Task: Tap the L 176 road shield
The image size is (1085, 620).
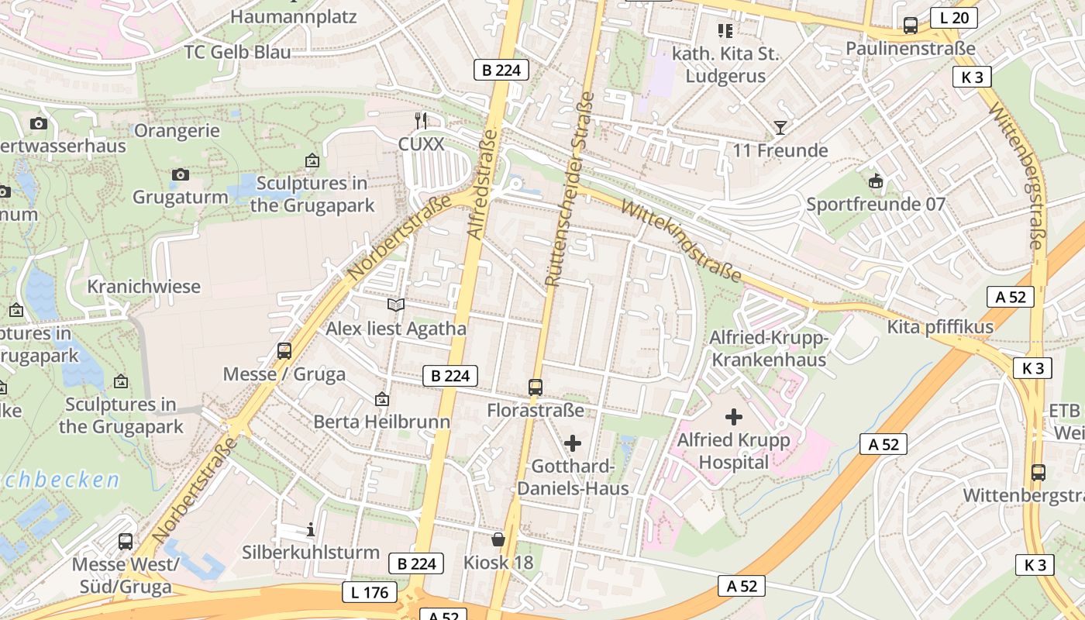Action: (370, 593)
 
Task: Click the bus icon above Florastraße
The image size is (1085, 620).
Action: (535, 387)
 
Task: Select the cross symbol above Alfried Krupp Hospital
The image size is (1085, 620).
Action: (733, 418)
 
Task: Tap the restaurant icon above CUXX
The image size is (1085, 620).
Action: (421, 120)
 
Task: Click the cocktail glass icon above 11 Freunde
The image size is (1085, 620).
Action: (780, 128)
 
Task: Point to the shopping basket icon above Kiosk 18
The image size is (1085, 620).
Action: (498, 539)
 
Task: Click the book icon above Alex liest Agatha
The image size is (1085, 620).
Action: (396, 305)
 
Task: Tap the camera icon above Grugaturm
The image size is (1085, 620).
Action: (181, 174)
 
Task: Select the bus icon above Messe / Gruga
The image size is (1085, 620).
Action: (284, 351)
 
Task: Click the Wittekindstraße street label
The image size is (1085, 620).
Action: (681, 241)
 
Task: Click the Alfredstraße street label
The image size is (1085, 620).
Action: (482, 184)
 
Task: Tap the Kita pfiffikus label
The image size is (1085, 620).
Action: (940, 327)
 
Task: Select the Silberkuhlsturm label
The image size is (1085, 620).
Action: (311, 553)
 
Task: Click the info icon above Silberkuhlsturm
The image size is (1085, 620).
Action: (311, 530)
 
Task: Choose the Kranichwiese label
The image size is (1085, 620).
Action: (143, 287)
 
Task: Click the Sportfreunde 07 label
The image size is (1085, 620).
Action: (876, 205)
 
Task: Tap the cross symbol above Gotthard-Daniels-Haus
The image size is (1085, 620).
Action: (572, 443)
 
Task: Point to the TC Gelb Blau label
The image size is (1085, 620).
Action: (237, 52)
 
